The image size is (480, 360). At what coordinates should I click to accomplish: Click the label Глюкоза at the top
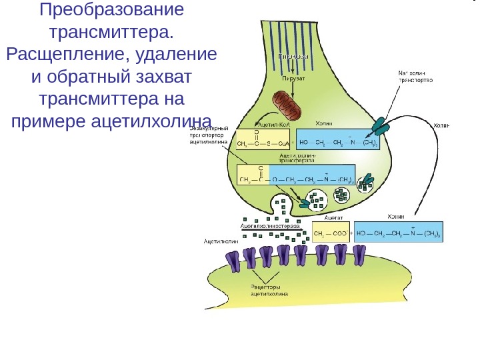293,57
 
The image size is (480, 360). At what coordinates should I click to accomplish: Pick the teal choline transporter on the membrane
382,126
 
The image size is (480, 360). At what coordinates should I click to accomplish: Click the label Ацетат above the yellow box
333,217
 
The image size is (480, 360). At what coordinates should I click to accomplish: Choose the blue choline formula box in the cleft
399,234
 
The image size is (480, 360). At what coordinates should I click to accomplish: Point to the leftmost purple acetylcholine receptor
234,260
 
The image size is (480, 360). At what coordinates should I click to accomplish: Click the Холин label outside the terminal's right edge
442,125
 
